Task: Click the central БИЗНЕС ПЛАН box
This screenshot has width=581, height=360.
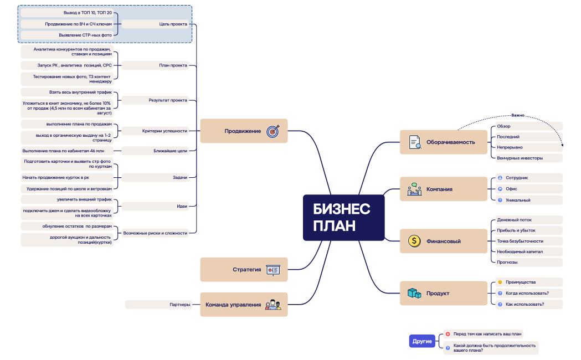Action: (343, 218)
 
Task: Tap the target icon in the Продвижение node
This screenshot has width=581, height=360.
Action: (273, 131)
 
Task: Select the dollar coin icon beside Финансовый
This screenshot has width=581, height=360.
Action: (414, 241)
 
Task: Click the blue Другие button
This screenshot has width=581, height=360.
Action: (422, 341)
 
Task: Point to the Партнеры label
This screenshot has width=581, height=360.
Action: (180, 305)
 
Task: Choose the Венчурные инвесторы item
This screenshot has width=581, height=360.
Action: (520, 158)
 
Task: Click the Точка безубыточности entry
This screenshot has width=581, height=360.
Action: (520, 241)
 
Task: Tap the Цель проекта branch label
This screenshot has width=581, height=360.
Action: (173, 24)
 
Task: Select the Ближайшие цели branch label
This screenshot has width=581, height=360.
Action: (171, 151)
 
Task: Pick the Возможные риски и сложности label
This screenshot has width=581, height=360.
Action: (155, 233)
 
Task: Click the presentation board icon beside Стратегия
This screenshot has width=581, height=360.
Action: (273, 270)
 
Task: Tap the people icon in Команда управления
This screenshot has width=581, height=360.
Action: (273, 305)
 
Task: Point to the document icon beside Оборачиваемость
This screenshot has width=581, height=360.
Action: (415, 142)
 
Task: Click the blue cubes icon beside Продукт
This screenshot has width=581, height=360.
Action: (414, 294)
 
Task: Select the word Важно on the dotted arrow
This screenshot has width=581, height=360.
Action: (518, 115)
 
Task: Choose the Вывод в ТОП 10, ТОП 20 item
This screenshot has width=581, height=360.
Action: (88, 13)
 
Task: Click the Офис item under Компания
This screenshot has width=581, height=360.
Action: (511, 189)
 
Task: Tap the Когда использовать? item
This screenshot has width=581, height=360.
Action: (527, 294)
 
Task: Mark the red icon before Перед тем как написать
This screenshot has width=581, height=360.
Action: (448, 334)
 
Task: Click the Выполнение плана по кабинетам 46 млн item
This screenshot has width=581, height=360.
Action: (63, 151)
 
